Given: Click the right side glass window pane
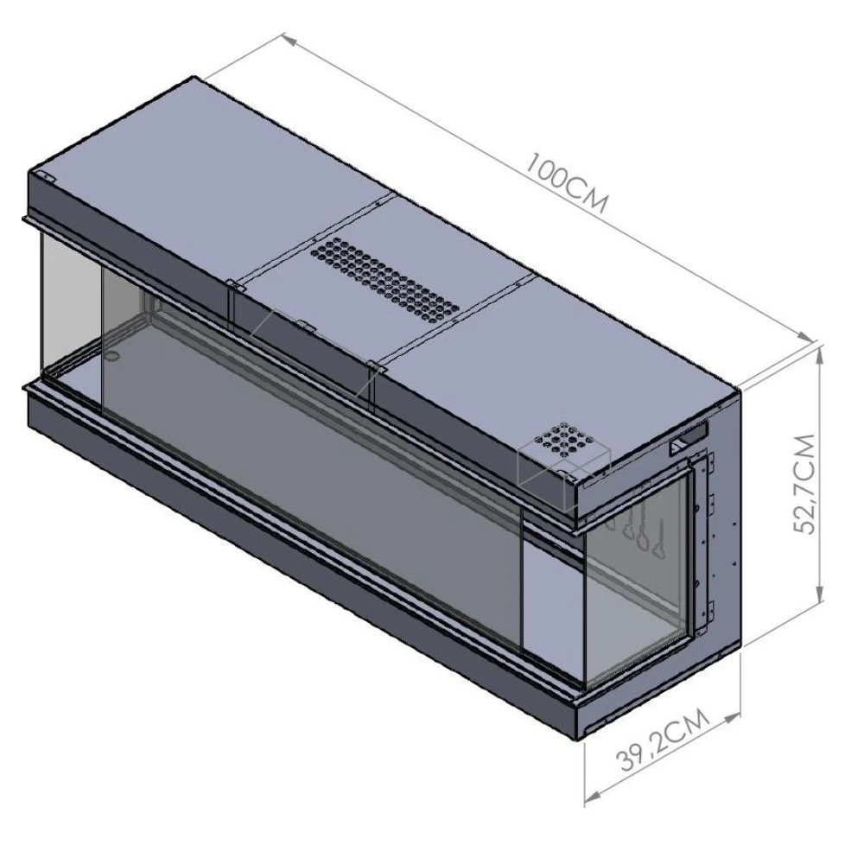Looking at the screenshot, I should (x=635, y=588).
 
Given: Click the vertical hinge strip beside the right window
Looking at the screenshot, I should (x=706, y=536).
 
